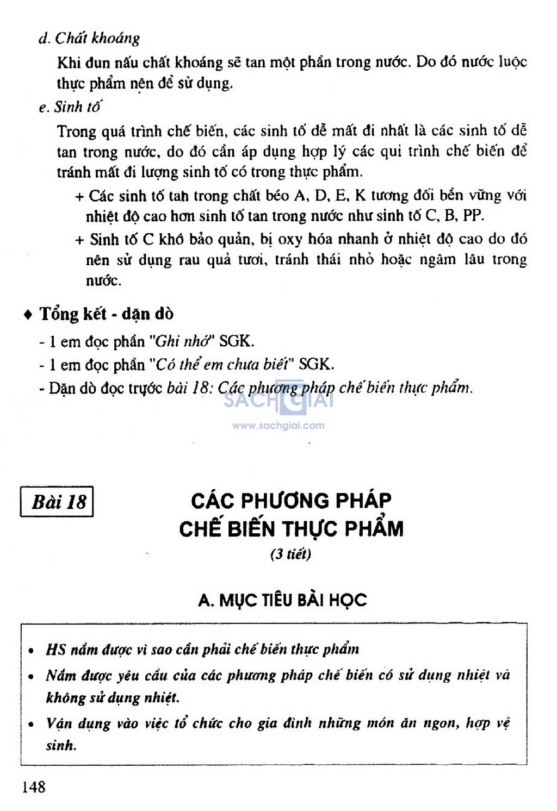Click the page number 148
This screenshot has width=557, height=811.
pyautogui.click(x=34, y=787)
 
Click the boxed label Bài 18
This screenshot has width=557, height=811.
pyautogui.click(x=58, y=501)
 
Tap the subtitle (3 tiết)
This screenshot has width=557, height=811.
pyautogui.click(x=290, y=554)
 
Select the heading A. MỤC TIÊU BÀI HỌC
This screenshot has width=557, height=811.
pyautogui.click(x=282, y=600)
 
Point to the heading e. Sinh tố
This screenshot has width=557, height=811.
pyautogui.click(x=70, y=107)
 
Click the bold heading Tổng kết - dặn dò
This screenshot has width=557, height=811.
pyautogui.click(x=107, y=314)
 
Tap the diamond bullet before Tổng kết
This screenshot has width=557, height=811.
pyautogui.click(x=28, y=315)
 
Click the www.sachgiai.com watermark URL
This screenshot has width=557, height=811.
pyautogui.click(x=278, y=426)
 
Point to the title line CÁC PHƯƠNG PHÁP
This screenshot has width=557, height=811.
pyautogui.click(x=291, y=501)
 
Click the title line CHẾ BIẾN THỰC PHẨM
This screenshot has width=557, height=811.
pyautogui.click(x=291, y=529)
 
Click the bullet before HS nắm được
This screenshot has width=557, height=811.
pyautogui.click(x=32, y=650)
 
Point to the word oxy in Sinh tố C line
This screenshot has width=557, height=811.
pyautogui.click(x=290, y=240)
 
